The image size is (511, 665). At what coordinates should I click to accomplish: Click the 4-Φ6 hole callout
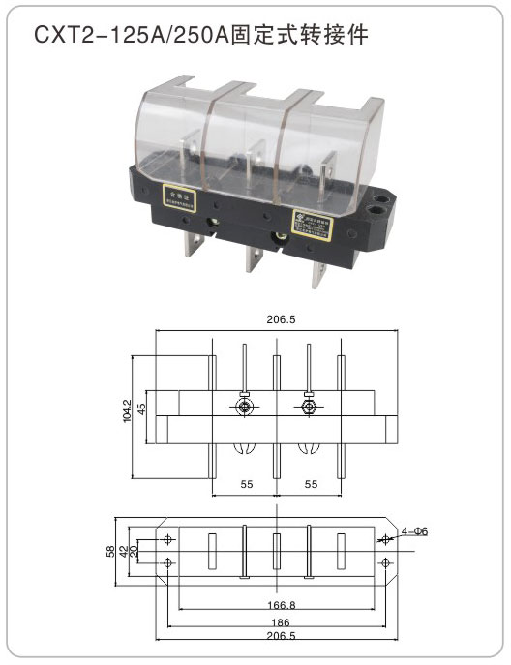413,531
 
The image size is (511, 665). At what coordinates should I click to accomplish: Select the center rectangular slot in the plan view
276,551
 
